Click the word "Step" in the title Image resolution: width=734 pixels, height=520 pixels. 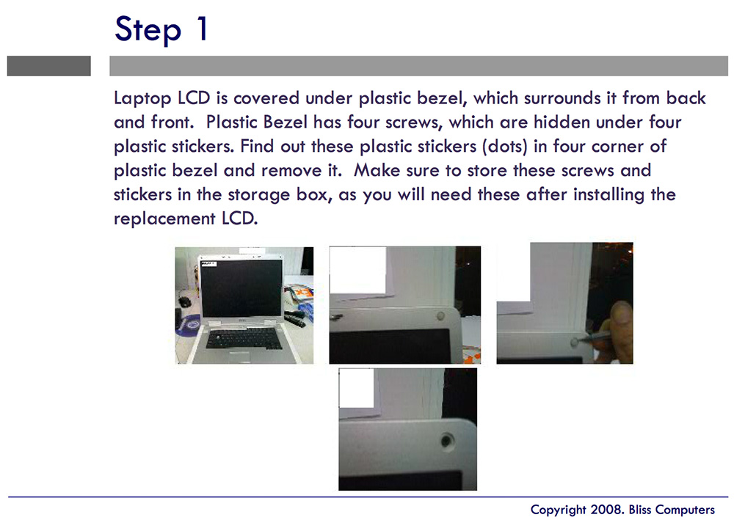(147, 29)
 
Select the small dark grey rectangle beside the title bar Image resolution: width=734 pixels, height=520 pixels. (48, 66)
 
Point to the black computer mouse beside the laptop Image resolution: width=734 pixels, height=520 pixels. (183, 301)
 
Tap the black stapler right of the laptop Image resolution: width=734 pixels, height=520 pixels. (294, 318)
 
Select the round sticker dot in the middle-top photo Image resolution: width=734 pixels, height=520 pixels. (440, 315)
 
